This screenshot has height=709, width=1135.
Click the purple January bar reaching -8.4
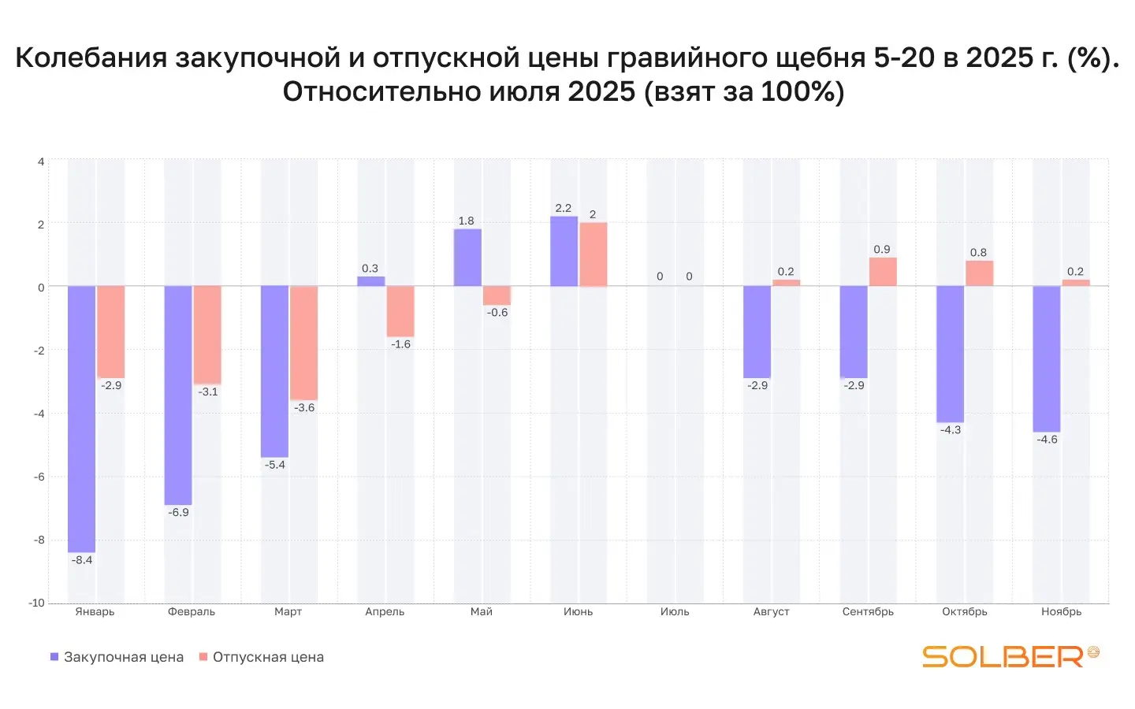pyautogui.click(x=82, y=418)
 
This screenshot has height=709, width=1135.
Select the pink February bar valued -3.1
pyautogui.click(x=207, y=335)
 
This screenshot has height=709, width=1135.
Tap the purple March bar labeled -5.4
pyautogui.click(x=274, y=371)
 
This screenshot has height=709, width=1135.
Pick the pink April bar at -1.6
pyautogui.click(x=400, y=311)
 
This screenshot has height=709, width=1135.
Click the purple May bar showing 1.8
pyautogui.click(x=467, y=258)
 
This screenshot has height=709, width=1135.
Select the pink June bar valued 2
pyautogui.click(x=594, y=254)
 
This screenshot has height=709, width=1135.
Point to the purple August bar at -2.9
pyautogui.click(x=757, y=332)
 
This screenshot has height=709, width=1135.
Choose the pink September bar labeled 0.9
pyautogui.click(x=883, y=272)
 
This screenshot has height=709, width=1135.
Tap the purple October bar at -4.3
pyautogui.click(x=950, y=354)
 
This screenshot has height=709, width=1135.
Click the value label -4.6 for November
pyautogui.click(x=1047, y=440)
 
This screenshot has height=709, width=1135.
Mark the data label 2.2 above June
pyautogui.click(x=563, y=208)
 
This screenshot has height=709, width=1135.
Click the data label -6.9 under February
pyautogui.click(x=178, y=512)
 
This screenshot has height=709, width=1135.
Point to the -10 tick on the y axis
pyautogui.click(x=37, y=603)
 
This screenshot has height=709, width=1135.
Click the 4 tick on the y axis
pyautogui.click(x=41, y=161)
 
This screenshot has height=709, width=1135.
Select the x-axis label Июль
pyautogui.click(x=675, y=611)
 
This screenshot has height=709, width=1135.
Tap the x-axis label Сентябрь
pyautogui.click(x=868, y=611)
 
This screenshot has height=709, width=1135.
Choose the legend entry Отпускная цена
pyautogui.click(x=262, y=657)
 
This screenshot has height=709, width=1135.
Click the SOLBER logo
pyautogui.click(x=1010, y=655)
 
